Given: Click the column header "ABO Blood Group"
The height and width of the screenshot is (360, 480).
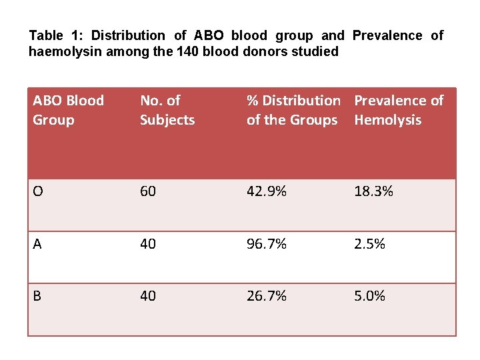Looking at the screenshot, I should [x=68, y=110].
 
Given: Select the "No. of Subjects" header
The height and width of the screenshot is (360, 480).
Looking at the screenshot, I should [x=167, y=110].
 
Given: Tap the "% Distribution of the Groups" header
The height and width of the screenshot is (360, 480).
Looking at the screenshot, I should [x=293, y=110].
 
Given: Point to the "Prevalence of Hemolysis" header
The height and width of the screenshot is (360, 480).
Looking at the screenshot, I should [x=398, y=110].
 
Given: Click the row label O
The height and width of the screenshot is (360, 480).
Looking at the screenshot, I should [x=38, y=191].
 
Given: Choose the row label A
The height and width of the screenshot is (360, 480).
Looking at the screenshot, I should [x=37, y=244].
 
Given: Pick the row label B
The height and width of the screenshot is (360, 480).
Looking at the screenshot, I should [x=37, y=296].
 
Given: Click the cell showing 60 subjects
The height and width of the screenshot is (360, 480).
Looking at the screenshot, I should [x=148, y=191].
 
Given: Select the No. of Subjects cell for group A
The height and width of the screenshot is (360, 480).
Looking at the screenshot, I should [x=148, y=244].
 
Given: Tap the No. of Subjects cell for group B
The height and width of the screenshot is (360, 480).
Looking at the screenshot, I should [x=148, y=296].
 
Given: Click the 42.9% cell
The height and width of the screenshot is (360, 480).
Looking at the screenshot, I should [x=266, y=191].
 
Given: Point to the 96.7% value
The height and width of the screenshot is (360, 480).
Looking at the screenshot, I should [x=266, y=244].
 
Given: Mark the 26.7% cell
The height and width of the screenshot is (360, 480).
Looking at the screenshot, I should [x=266, y=296].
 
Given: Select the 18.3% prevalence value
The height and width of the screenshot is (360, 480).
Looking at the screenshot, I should [x=373, y=191].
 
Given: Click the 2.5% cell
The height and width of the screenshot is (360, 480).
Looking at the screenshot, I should [x=369, y=244].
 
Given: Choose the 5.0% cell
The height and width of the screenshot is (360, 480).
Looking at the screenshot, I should [x=369, y=296].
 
